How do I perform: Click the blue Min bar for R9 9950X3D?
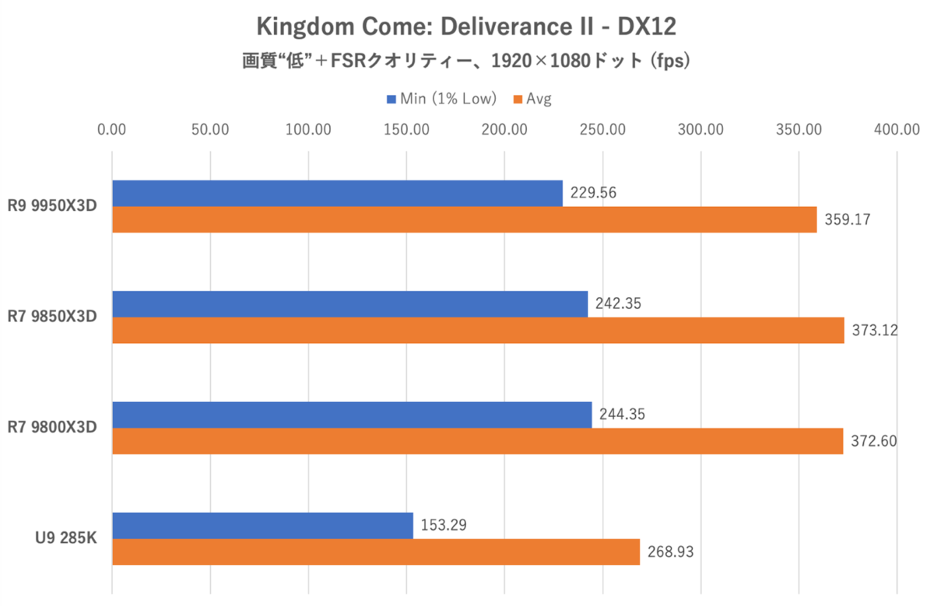pyautogui.click(x=337, y=194)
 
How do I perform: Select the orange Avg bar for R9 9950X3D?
pyautogui.click(x=464, y=220)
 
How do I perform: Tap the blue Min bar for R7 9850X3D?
pyautogui.click(x=349, y=304)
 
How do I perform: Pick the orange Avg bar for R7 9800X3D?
pyautogui.click(x=477, y=441)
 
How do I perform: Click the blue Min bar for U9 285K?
pyautogui.click(x=262, y=526)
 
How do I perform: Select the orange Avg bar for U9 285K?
pyautogui.click(x=375, y=552)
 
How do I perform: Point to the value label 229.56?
pyautogui.click(x=592, y=193)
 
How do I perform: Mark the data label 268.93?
pyautogui.click(x=669, y=552)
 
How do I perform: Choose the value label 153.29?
pyautogui.click(x=444, y=525)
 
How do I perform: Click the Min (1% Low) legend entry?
pyautogui.click(x=441, y=99)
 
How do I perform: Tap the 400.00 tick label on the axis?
pyautogui.click(x=897, y=129)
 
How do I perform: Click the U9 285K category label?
pyautogui.click(x=67, y=538)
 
